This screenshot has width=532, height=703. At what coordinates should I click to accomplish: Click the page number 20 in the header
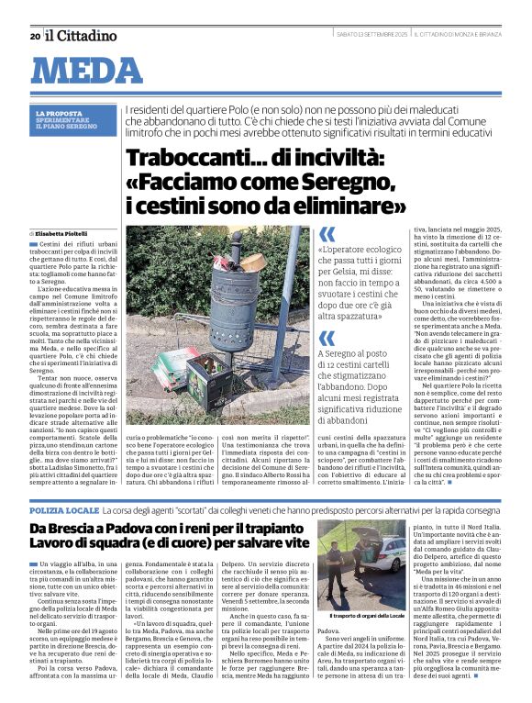(35, 36)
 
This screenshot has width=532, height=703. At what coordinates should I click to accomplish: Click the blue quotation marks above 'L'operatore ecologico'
(327, 234)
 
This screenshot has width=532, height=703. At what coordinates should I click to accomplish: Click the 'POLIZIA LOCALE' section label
(63, 508)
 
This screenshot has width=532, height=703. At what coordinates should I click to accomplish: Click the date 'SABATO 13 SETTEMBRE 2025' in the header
(371, 36)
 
